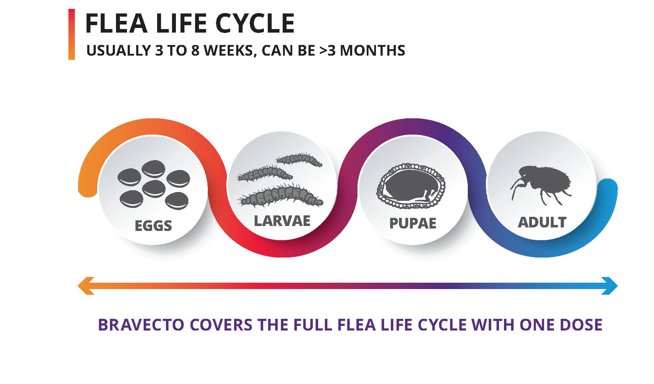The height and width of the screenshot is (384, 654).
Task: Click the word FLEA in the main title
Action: click(x=116, y=23)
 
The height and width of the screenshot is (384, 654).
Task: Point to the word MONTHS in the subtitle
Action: click(x=372, y=51)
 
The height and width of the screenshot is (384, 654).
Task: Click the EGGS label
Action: click(x=153, y=226)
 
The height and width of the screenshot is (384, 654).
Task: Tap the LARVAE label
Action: click(x=282, y=221)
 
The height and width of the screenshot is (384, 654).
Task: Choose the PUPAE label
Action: click(x=412, y=224)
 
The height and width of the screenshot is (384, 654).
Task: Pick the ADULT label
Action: click(x=542, y=222)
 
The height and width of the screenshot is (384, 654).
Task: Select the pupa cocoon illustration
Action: click(x=411, y=186)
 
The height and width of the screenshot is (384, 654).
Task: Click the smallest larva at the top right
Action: click(x=299, y=160)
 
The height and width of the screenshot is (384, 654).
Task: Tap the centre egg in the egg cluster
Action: click(x=154, y=188)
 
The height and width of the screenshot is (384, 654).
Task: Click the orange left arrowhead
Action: click(x=85, y=286)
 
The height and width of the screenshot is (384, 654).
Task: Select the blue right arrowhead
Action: click(x=610, y=286)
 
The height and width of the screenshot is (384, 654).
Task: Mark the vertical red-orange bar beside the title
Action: click(x=72, y=34)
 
